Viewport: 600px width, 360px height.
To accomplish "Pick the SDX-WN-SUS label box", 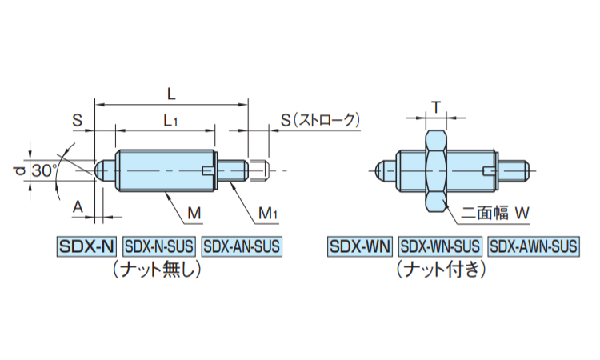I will pos(440,246).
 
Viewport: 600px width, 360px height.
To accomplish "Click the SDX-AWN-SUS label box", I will pos(533,246).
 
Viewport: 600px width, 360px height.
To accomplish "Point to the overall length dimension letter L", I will pos(170,94).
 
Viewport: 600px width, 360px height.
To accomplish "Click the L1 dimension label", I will pos(170,121).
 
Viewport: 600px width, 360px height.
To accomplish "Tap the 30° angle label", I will pos(45,170).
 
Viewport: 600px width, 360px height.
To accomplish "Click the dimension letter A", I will pos(78,206).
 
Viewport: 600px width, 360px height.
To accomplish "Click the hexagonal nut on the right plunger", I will pos(435,170).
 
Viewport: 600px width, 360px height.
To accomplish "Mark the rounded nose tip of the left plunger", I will pos(102,170).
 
